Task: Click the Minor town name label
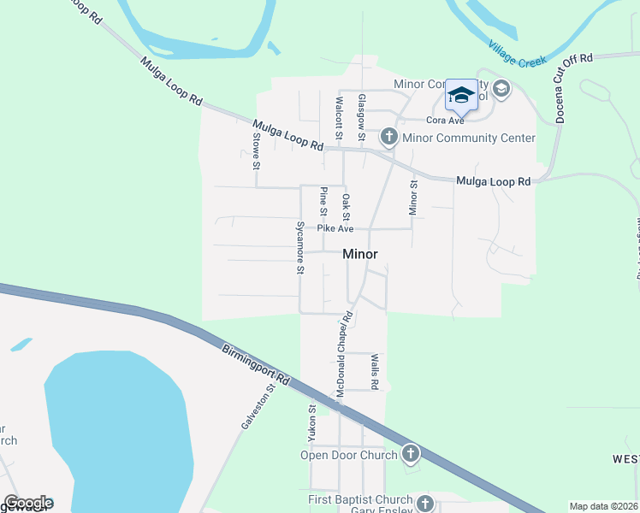[x=360, y=254]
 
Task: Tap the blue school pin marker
[x=461, y=97]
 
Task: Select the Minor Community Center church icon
[x=388, y=137]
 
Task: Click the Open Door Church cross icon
[x=411, y=453]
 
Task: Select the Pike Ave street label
[x=335, y=228]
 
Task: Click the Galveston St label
[x=258, y=407]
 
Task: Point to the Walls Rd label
[x=374, y=371]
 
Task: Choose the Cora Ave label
[x=444, y=121]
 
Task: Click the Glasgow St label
[x=362, y=118]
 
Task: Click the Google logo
[x=28, y=503]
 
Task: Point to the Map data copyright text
[x=604, y=506]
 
